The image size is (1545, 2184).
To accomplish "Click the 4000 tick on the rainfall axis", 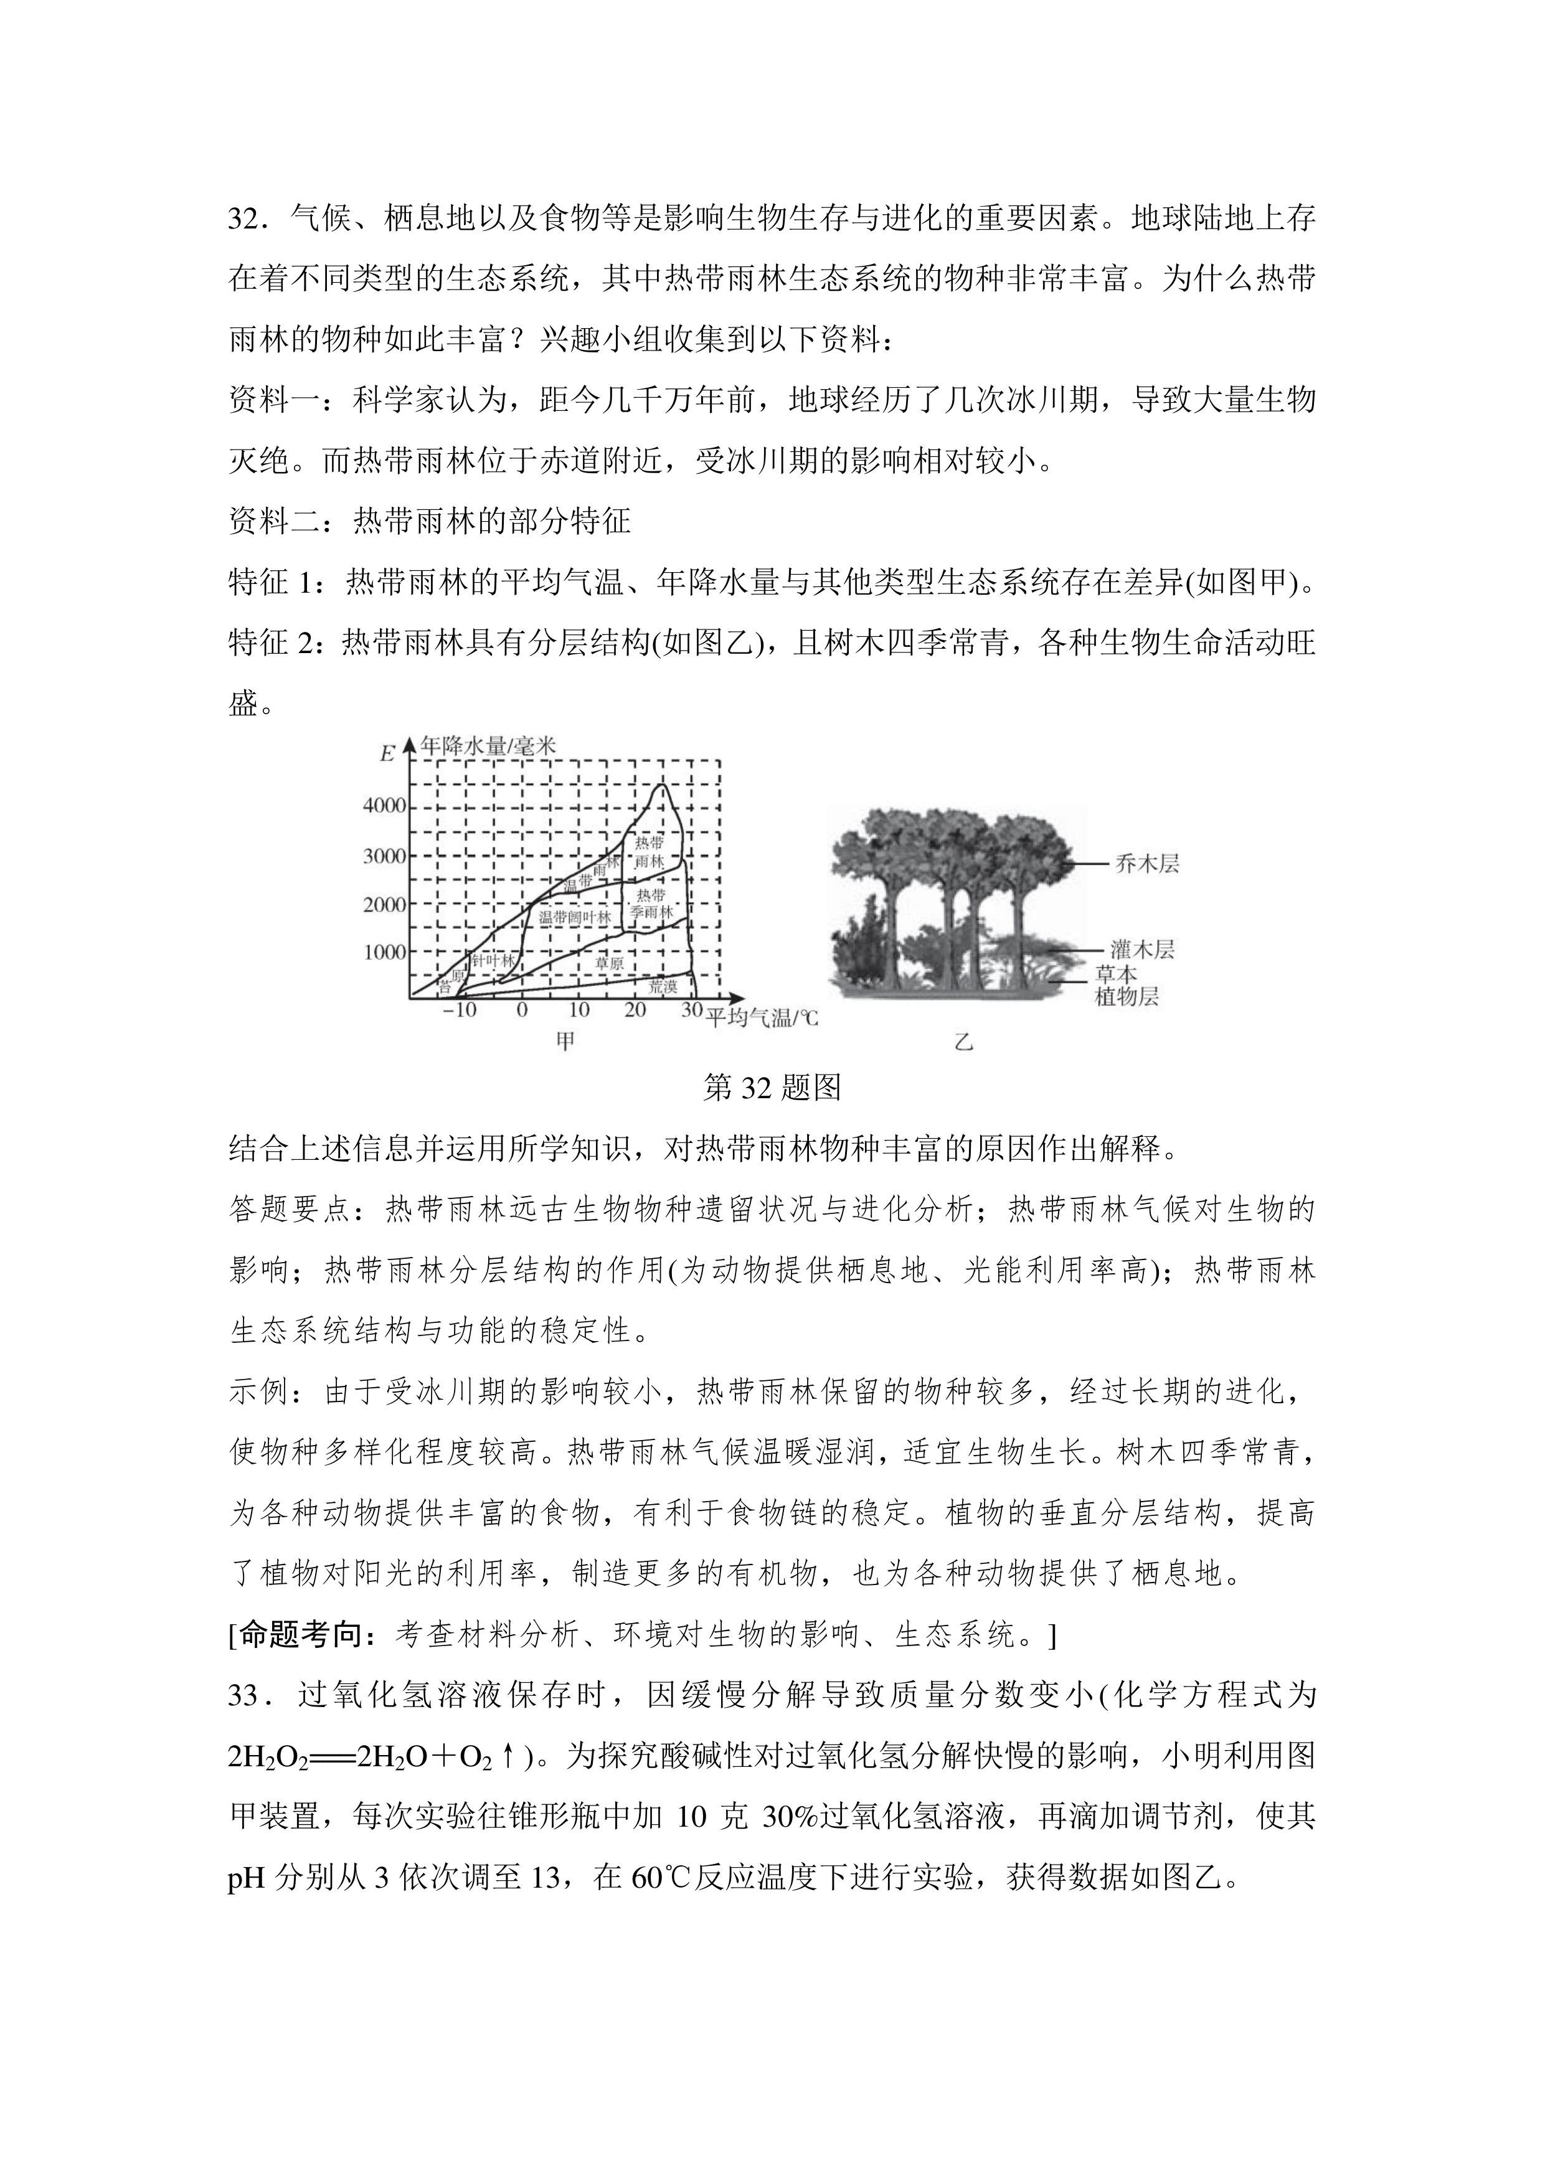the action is [384, 806].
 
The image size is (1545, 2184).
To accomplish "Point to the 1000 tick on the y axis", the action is [384, 952].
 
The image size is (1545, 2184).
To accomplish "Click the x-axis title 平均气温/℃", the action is [761, 1018].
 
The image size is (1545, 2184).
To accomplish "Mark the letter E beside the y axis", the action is [387, 755].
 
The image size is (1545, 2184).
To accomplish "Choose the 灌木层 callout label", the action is [1141, 949].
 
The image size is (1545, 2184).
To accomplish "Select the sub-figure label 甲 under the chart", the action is [565, 1043].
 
